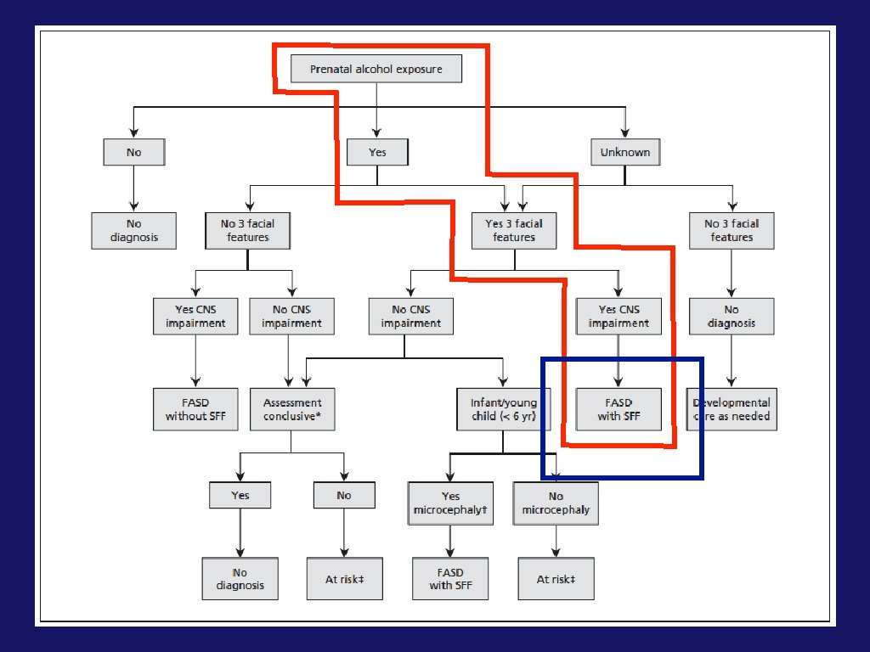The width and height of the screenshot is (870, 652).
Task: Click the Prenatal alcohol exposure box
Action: [x=376, y=69]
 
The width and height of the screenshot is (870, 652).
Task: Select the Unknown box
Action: [x=625, y=152]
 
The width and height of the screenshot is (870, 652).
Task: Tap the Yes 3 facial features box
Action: [x=514, y=230]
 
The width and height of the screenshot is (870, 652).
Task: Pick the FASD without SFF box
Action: [x=196, y=409]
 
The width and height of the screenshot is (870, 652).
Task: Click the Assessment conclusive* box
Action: [x=292, y=409]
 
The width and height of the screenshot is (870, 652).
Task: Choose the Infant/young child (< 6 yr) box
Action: [x=504, y=409]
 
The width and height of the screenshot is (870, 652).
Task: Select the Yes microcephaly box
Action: [x=450, y=503]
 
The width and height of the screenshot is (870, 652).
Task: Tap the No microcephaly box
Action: [x=556, y=503]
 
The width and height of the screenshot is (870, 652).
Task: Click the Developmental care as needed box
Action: [x=732, y=409]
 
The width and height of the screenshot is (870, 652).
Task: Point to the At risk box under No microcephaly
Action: [x=556, y=579]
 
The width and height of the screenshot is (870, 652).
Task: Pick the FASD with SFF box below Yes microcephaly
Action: [x=450, y=579]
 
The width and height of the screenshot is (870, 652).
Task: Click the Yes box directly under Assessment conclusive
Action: [x=240, y=495]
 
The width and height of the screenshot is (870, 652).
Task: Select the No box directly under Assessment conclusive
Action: [x=344, y=495]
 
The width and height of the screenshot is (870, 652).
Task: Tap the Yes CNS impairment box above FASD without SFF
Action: [x=195, y=316]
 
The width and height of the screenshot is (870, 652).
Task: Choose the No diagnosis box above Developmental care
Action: [x=732, y=316]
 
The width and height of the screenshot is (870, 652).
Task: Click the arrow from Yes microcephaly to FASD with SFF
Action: [x=450, y=541]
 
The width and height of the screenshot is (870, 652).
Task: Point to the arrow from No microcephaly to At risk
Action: [x=556, y=541]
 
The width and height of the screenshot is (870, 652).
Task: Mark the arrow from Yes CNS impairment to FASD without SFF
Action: [x=195, y=361]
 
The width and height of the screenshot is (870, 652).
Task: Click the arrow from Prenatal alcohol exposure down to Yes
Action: [x=376, y=110]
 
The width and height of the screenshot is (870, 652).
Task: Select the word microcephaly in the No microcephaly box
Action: [x=556, y=510]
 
